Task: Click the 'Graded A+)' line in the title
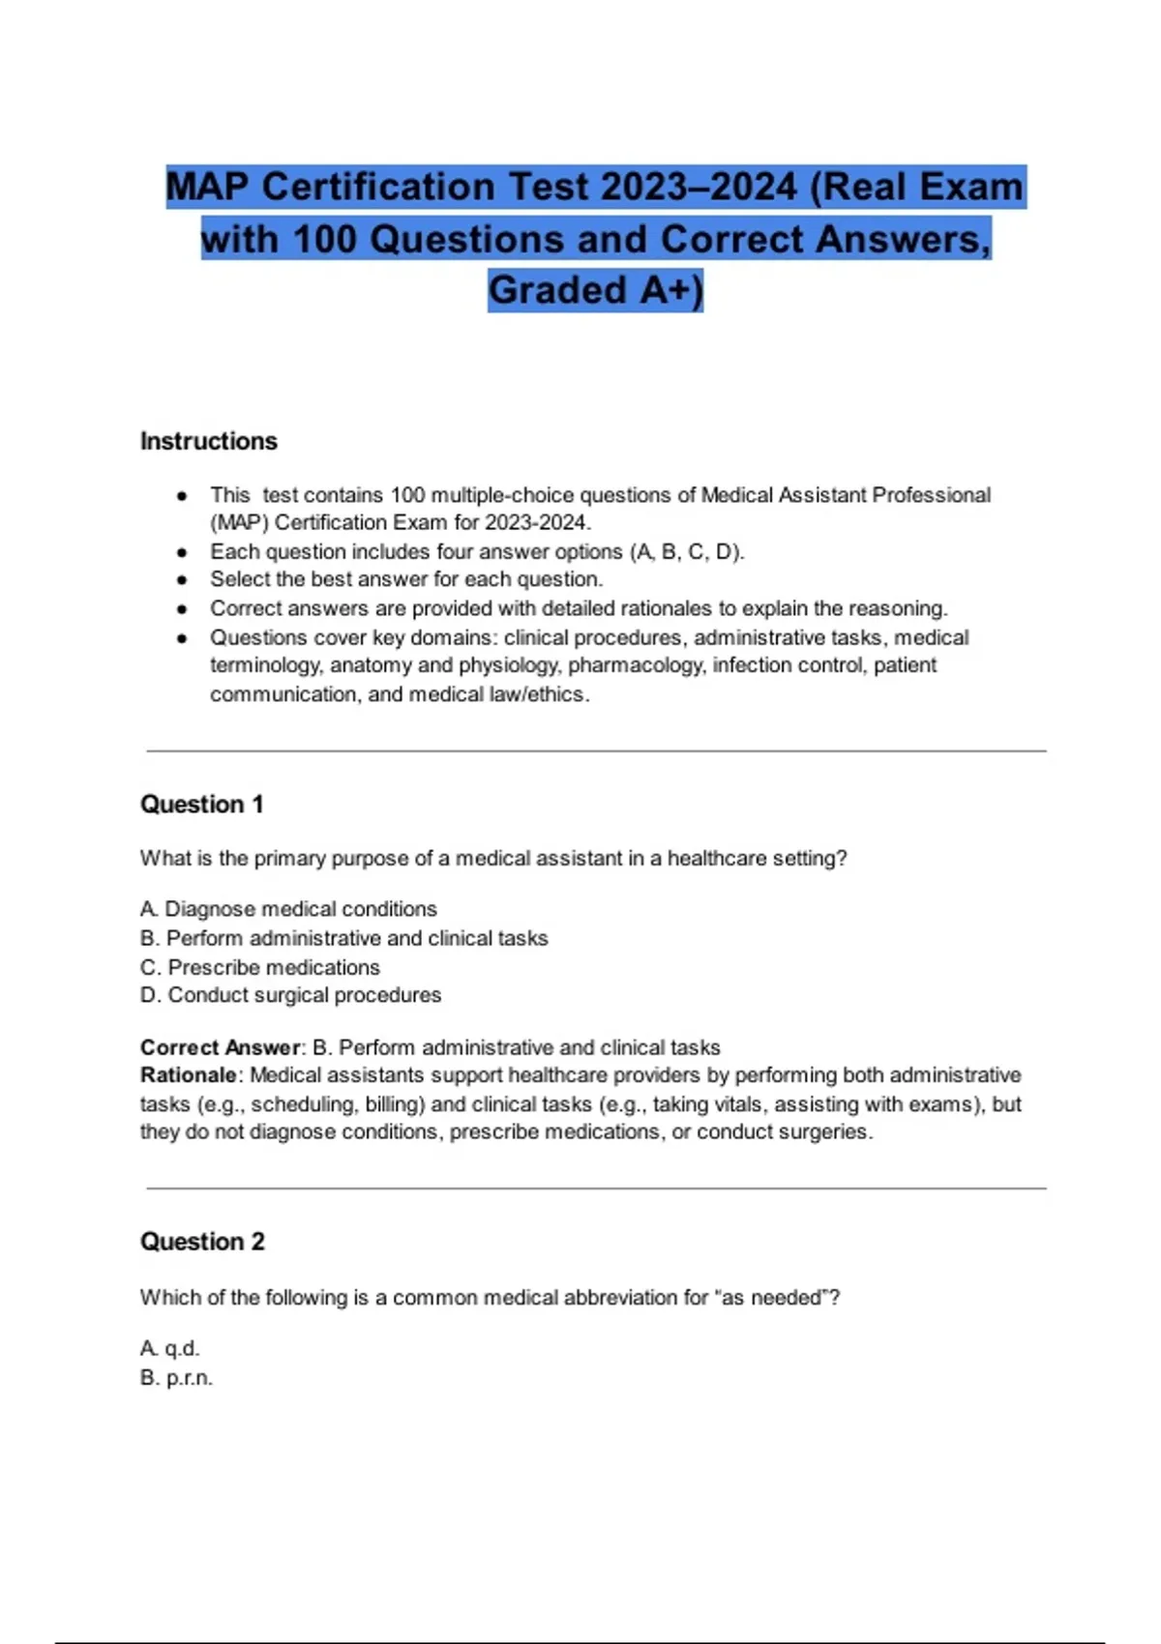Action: pos(595,290)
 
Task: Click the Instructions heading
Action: pos(209,441)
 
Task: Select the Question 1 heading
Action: pos(201,805)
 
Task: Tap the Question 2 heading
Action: pos(202,1242)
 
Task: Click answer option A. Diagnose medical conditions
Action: pos(288,909)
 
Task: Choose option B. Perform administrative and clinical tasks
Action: pos(343,938)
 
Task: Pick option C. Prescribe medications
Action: pos(259,967)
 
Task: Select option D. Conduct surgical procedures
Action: pos(290,995)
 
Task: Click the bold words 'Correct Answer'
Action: pos(221,1047)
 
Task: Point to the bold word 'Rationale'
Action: pos(189,1075)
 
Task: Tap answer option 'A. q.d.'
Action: pos(170,1348)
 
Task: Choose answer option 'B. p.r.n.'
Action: pos(176,1378)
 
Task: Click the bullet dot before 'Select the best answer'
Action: pos(182,580)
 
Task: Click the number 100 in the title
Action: pos(324,239)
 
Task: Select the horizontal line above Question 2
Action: pos(596,1188)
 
